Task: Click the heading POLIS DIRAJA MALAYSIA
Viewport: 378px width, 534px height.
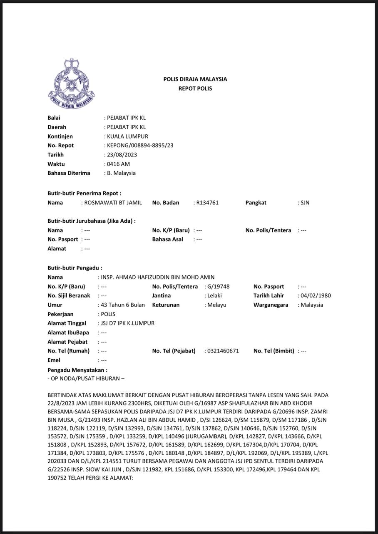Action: pyautogui.click(x=195, y=79)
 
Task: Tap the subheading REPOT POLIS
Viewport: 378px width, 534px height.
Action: pyautogui.click(x=195, y=88)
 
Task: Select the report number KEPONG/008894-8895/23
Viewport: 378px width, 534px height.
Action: pyautogui.click(x=140, y=146)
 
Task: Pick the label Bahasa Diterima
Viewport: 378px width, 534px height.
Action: pyautogui.click(x=69, y=173)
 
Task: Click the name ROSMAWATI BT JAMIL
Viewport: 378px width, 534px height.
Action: pyautogui.click(x=113, y=203)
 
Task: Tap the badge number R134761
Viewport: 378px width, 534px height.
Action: pyautogui.click(x=207, y=203)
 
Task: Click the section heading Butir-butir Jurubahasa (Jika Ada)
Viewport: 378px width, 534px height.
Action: pyautogui.click(x=92, y=221)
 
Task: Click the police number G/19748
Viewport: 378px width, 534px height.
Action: pyautogui.click(x=218, y=287)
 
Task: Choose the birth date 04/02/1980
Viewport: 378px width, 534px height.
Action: pyautogui.click(x=316, y=296)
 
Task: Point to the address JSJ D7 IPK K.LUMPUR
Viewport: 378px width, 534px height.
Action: pyautogui.click(x=127, y=323)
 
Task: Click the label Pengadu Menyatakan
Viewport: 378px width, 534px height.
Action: pyautogui.click(x=77, y=370)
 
